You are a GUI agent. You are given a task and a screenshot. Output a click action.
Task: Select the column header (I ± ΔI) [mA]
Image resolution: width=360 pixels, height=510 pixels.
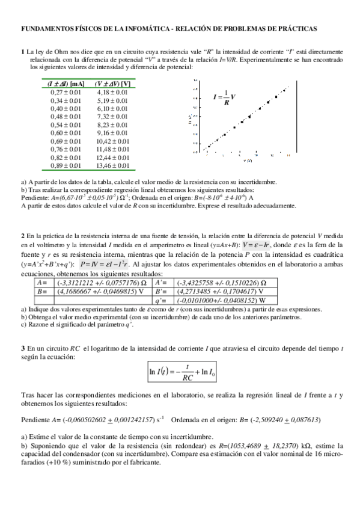[x=65, y=84]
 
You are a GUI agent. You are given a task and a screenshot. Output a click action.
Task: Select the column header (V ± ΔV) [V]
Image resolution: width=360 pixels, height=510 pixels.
[x=112, y=84]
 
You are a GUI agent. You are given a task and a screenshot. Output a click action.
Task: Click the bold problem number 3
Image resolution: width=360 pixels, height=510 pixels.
[x=23, y=348]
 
